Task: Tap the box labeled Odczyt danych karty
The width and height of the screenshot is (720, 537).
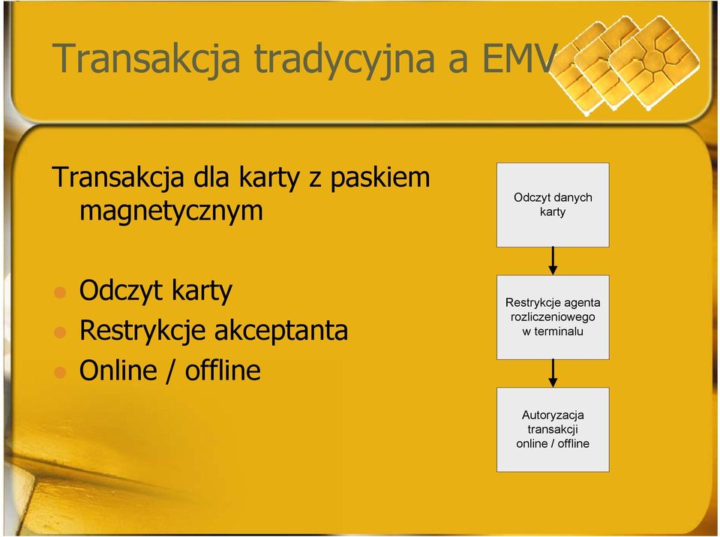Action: click(x=553, y=205)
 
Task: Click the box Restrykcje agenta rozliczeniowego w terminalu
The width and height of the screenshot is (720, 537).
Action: click(x=553, y=317)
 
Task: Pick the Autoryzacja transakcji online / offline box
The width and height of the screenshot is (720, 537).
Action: click(x=553, y=430)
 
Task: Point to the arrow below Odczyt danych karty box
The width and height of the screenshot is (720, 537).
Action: click(x=553, y=261)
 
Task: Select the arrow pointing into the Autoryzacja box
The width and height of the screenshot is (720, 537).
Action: click(x=553, y=373)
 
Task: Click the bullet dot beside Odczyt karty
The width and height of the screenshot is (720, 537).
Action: click(x=60, y=292)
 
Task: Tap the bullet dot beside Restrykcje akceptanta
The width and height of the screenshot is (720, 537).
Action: click(x=60, y=331)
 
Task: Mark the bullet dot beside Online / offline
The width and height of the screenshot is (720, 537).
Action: click(x=60, y=372)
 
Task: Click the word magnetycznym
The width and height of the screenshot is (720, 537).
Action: click(x=171, y=211)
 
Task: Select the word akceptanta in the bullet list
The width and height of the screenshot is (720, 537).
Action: click(x=281, y=331)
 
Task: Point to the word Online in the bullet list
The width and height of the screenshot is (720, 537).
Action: click(x=118, y=370)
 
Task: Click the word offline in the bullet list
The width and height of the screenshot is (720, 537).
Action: click(x=223, y=370)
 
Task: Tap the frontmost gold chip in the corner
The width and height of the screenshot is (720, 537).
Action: click(x=654, y=64)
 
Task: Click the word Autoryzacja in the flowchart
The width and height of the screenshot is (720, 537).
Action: click(x=553, y=415)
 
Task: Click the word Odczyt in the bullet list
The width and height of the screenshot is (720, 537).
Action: click(x=121, y=291)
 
